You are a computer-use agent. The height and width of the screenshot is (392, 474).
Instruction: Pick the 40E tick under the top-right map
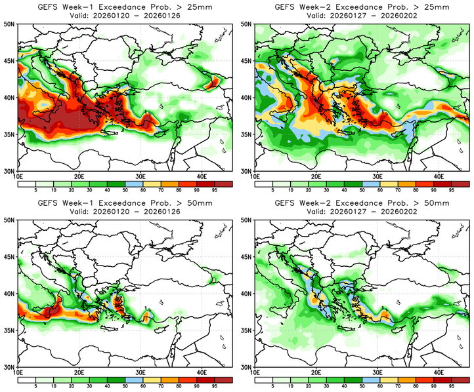tap(439, 176)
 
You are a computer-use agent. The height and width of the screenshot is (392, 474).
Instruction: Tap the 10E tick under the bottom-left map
tap(18, 374)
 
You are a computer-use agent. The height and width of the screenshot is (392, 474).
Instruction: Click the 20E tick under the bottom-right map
tap(315, 374)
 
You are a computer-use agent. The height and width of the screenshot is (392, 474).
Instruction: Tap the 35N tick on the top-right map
tap(246, 134)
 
